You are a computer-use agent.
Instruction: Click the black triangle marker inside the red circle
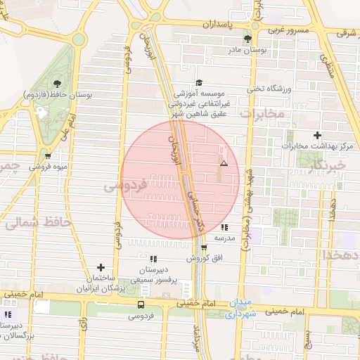tap(224, 163)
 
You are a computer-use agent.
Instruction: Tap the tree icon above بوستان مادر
tap(246, 39)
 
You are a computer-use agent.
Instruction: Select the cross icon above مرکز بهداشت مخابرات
tap(317, 135)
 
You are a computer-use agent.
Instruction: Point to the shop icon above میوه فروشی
tap(47, 156)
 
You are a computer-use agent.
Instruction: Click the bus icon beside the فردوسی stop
tap(141, 304)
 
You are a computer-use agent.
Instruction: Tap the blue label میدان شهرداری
tap(241, 309)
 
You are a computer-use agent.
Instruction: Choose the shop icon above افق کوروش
tap(204, 247)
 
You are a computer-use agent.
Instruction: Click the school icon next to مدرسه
tap(224, 227)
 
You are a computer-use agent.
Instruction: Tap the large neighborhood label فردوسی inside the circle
tap(124, 186)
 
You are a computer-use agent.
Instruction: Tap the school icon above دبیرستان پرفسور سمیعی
tap(153, 259)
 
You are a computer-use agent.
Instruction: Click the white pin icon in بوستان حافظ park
tap(41, 112)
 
